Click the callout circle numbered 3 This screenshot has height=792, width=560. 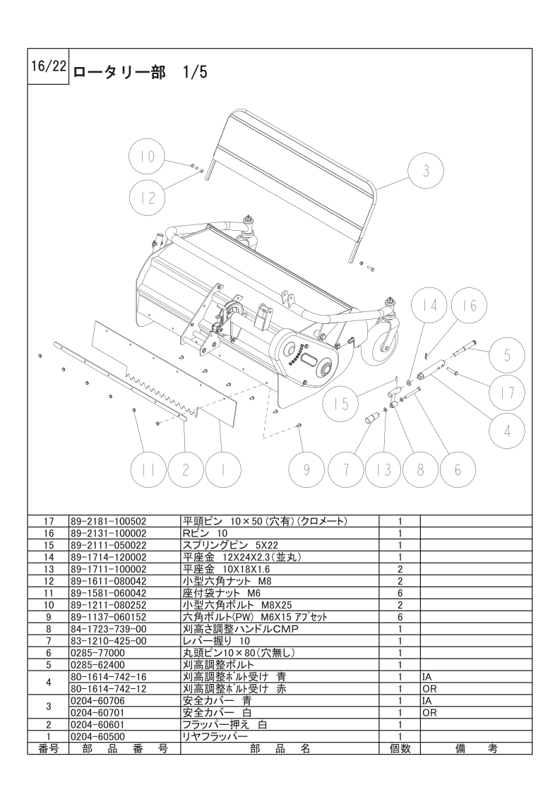(x=426, y=171)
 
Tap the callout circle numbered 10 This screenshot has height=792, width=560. (x=148, y=157)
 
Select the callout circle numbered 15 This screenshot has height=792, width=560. (x=342, y=404)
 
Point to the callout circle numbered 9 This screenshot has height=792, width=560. (x=306, y=469)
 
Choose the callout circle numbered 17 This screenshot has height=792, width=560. (x=507, y=392)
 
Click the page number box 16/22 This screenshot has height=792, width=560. (x=48, y=66)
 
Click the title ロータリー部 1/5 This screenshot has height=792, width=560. (x=140, y=72)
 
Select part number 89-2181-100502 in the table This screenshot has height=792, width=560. (x=109, y=521)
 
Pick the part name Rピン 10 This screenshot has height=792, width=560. (x=205, y=534)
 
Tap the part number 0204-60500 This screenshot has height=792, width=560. (x=97, y=736)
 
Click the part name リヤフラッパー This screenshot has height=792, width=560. (x=215, y=736)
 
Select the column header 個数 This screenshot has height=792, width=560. (x=399, y=748)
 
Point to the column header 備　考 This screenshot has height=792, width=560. (x=476, y=748)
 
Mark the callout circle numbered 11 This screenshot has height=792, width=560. (x=148, y=469)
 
